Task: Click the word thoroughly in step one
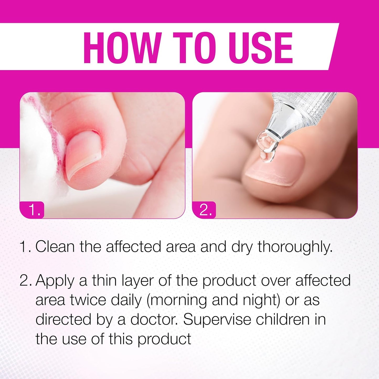click(x=295, y=247)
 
